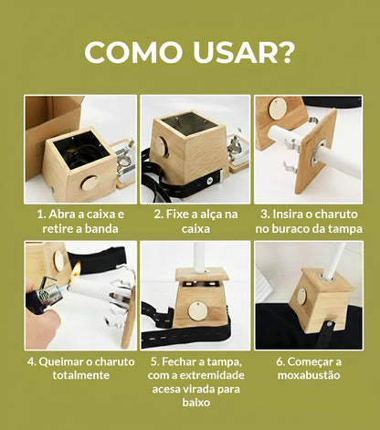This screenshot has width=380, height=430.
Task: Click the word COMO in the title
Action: [x=138, y=52]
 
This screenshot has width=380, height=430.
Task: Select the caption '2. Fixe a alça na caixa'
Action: [x=195, y=220]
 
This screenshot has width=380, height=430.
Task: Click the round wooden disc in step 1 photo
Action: [x=89, y=183]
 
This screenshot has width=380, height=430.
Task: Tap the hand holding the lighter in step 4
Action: [x=41, y=306]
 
